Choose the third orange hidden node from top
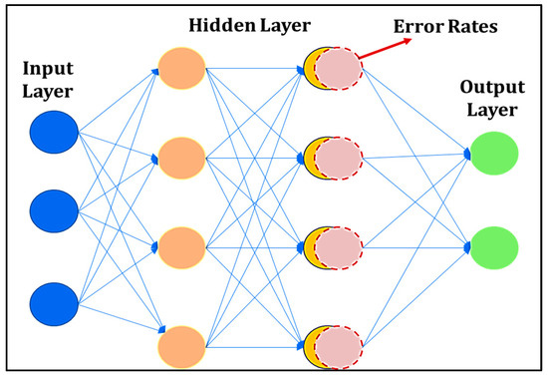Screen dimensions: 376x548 (181, 243)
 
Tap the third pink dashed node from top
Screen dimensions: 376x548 (339, 243)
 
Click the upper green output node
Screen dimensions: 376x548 (494, 156)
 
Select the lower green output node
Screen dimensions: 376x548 (494, 245)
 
